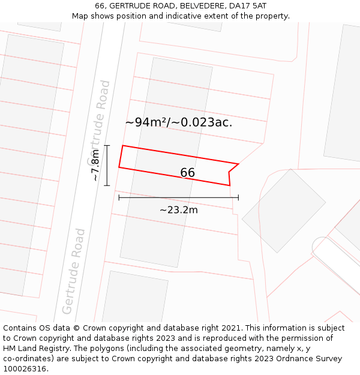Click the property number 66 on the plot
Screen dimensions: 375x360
click(187, 173)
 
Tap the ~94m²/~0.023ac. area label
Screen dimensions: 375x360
click(178, 122)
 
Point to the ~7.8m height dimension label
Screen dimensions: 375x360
click(96, 166)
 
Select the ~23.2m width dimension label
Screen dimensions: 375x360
click(178, 210)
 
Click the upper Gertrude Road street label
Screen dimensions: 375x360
click(99, 123)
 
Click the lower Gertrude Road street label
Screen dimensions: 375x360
click(74, 271)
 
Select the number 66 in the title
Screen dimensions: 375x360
click(100, 6)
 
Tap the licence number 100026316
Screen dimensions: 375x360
click(25, 369)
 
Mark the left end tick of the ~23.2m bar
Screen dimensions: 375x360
click(119, 197)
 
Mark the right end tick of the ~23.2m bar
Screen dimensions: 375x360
click(238, 197)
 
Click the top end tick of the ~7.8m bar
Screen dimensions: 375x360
click(107, 145)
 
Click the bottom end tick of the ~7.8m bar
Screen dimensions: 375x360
click(107, 185)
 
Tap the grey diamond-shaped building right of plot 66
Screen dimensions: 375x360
click(284, 202)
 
